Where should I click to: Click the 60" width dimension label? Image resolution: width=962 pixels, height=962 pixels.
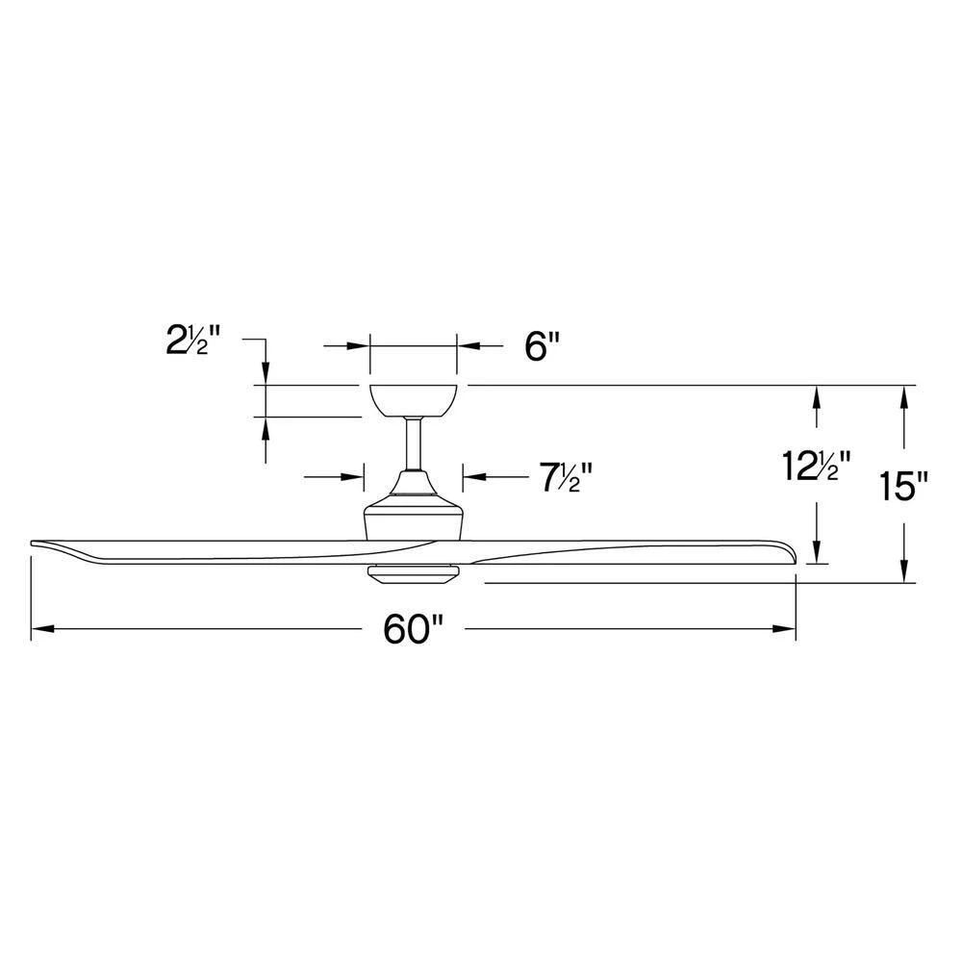(413, 630)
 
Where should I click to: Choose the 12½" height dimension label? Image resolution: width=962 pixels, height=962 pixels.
(816, 468)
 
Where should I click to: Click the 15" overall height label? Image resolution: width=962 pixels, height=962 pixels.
(903, 486)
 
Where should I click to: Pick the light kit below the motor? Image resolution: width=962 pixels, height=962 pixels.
(414, 573)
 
